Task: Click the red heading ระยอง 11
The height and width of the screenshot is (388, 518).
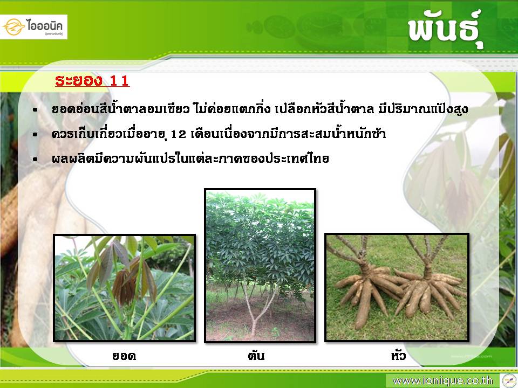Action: [92, 80]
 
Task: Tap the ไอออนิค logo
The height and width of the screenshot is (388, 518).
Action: [33, 27]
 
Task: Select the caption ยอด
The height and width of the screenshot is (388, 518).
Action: [124, 356]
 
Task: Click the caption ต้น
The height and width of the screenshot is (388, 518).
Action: [256, 355]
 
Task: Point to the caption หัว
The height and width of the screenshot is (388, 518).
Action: [398, 355]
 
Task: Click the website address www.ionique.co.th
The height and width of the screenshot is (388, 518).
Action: [442, 381]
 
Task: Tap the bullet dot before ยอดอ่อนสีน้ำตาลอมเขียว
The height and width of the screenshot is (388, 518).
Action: [36, 110]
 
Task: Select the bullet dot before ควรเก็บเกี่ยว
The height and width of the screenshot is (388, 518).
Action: [36, 135]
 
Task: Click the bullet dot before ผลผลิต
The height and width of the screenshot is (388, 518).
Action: [36, 160]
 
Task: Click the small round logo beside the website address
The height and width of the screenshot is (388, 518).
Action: [509, 380]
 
